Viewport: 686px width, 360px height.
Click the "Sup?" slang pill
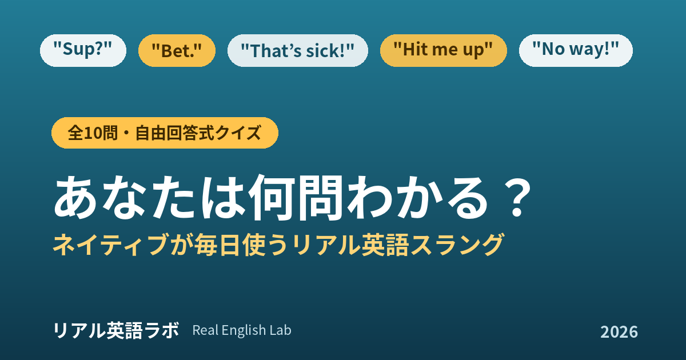(x=83, y=50)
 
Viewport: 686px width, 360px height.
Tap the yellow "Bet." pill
(x=177, y=50)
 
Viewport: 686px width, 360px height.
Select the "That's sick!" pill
(x=298, y=50)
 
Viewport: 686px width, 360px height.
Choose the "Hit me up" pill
(x=444, y=50)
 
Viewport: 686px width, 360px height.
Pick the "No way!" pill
(x=576, y=50)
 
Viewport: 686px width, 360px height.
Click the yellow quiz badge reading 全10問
(x=165, y=133)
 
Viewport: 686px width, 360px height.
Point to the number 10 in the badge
(x=92, y=133)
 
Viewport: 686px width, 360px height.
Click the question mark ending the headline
(x=517, y=198)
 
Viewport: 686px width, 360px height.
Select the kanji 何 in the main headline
(x=272, y=198)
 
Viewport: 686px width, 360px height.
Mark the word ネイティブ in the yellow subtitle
(x=111, y=245)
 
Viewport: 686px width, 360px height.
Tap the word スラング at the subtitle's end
(x=457, y=245)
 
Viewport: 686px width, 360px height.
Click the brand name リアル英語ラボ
(x=115, y=331)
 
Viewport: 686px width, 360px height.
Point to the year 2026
(x=619, y=332)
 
